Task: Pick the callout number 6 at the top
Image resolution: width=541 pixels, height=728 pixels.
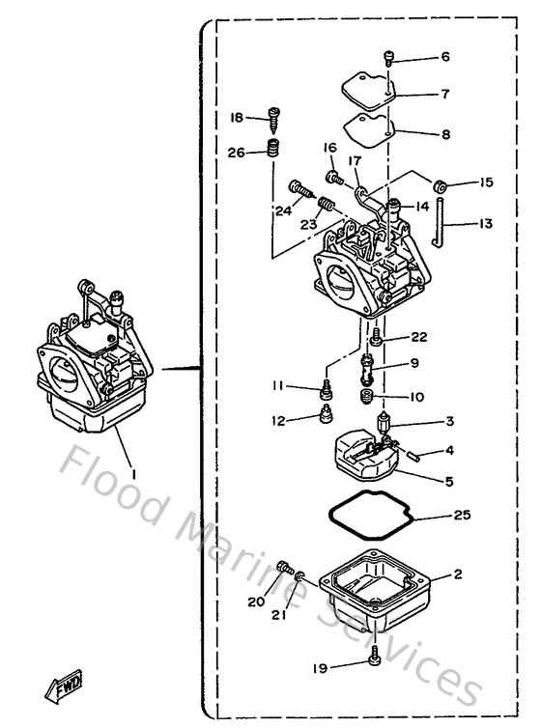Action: (x=445, y=57)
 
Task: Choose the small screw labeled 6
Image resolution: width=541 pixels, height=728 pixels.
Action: (x=388, y=59)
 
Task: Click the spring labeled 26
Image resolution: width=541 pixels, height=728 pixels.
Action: (x=272, y=150)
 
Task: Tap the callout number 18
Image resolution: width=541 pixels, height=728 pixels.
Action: (x=237, y=118)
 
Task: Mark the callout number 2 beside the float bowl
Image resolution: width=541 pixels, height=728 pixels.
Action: (x=458, y=574)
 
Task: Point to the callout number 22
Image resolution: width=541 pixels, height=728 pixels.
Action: (x=417, y=337)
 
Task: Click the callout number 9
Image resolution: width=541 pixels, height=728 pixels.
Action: (x=414, y=365)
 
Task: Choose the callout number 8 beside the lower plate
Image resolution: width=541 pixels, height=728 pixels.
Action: (x=445, y=136)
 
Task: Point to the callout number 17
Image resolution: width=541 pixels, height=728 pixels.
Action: (x=355, y=161)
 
